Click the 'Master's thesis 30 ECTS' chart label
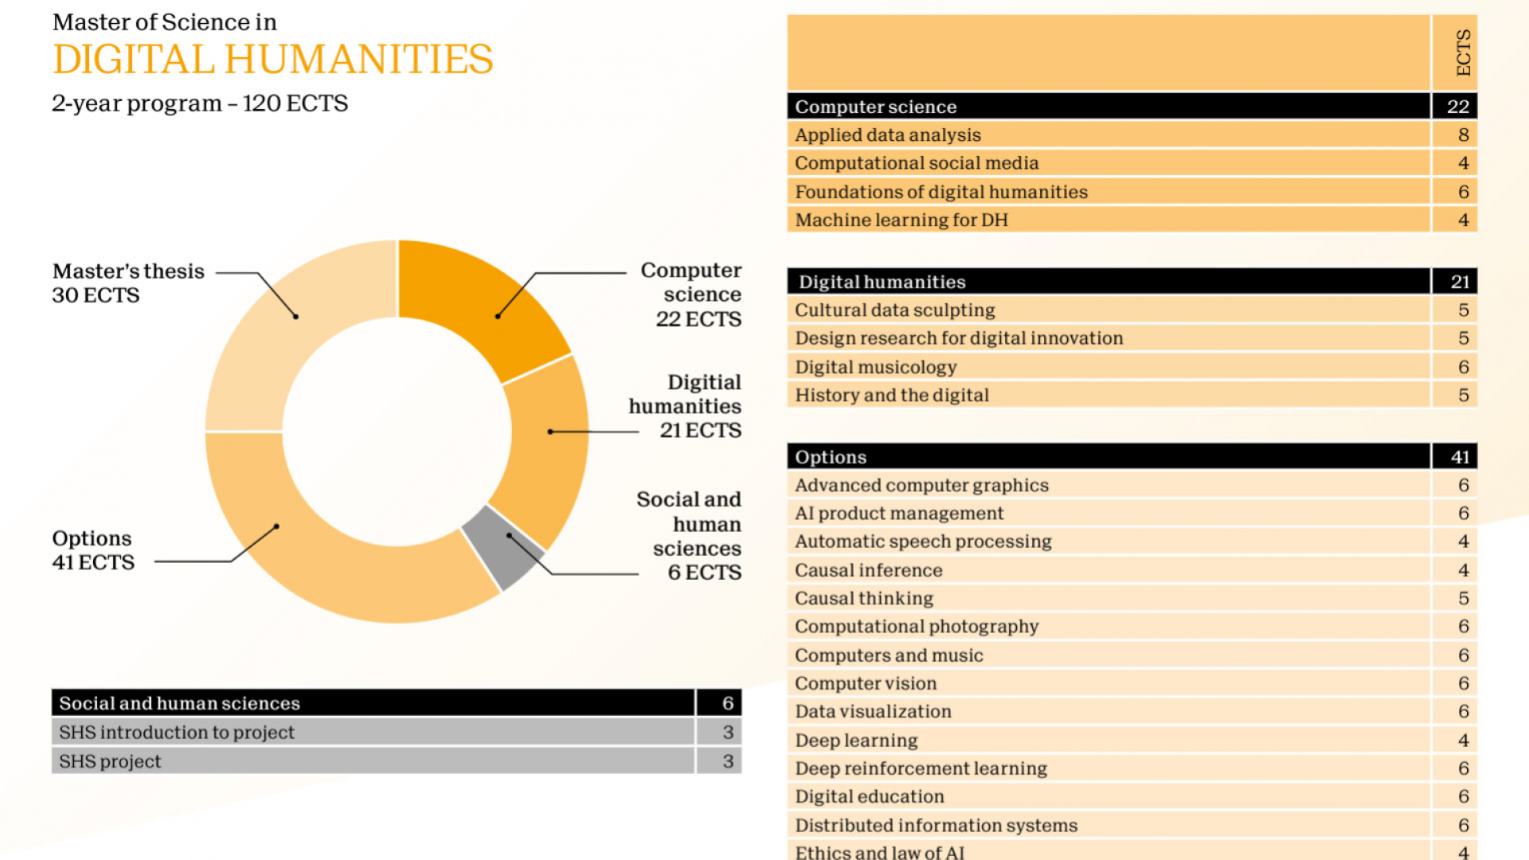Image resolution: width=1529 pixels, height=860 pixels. pyautogui.click(x=127, y=283)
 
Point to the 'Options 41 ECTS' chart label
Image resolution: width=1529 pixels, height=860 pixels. pyautogui.click(x=93, y=550)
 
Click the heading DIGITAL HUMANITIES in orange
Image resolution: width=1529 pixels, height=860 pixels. pyautogui.click(x=272, y=60)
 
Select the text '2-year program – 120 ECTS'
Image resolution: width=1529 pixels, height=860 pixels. pyautogui.click(x=200, y=104)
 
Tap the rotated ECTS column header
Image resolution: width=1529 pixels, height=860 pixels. pyautogui.click(x=1463, y=53)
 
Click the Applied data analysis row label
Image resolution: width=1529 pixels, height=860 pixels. pyautogui.click(x=887, y=135)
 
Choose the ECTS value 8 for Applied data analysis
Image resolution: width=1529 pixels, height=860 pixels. pyautogui.click(x=1463, y=135)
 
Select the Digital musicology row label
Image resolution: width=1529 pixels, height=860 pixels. pyautogui.click(x=875, y=367)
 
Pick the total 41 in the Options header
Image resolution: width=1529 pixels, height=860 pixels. pyautogui.click(x=1459, y=457)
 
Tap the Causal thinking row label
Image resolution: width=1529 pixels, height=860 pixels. pyautogui.click(x=863, y=598)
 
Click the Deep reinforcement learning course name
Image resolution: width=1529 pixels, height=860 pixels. pyautogui.click(x=921, y=768)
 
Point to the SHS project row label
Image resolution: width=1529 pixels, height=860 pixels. pyautogui.click(x=110, y=761)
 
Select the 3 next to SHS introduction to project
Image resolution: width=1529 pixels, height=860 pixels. pyautogui.click(x=727, y=732)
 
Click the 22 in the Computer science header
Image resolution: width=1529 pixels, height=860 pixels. pyautogui.click(x=1457, y=107)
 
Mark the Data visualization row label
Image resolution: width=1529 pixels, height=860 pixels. pyautogui.click(x=873, y=711)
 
